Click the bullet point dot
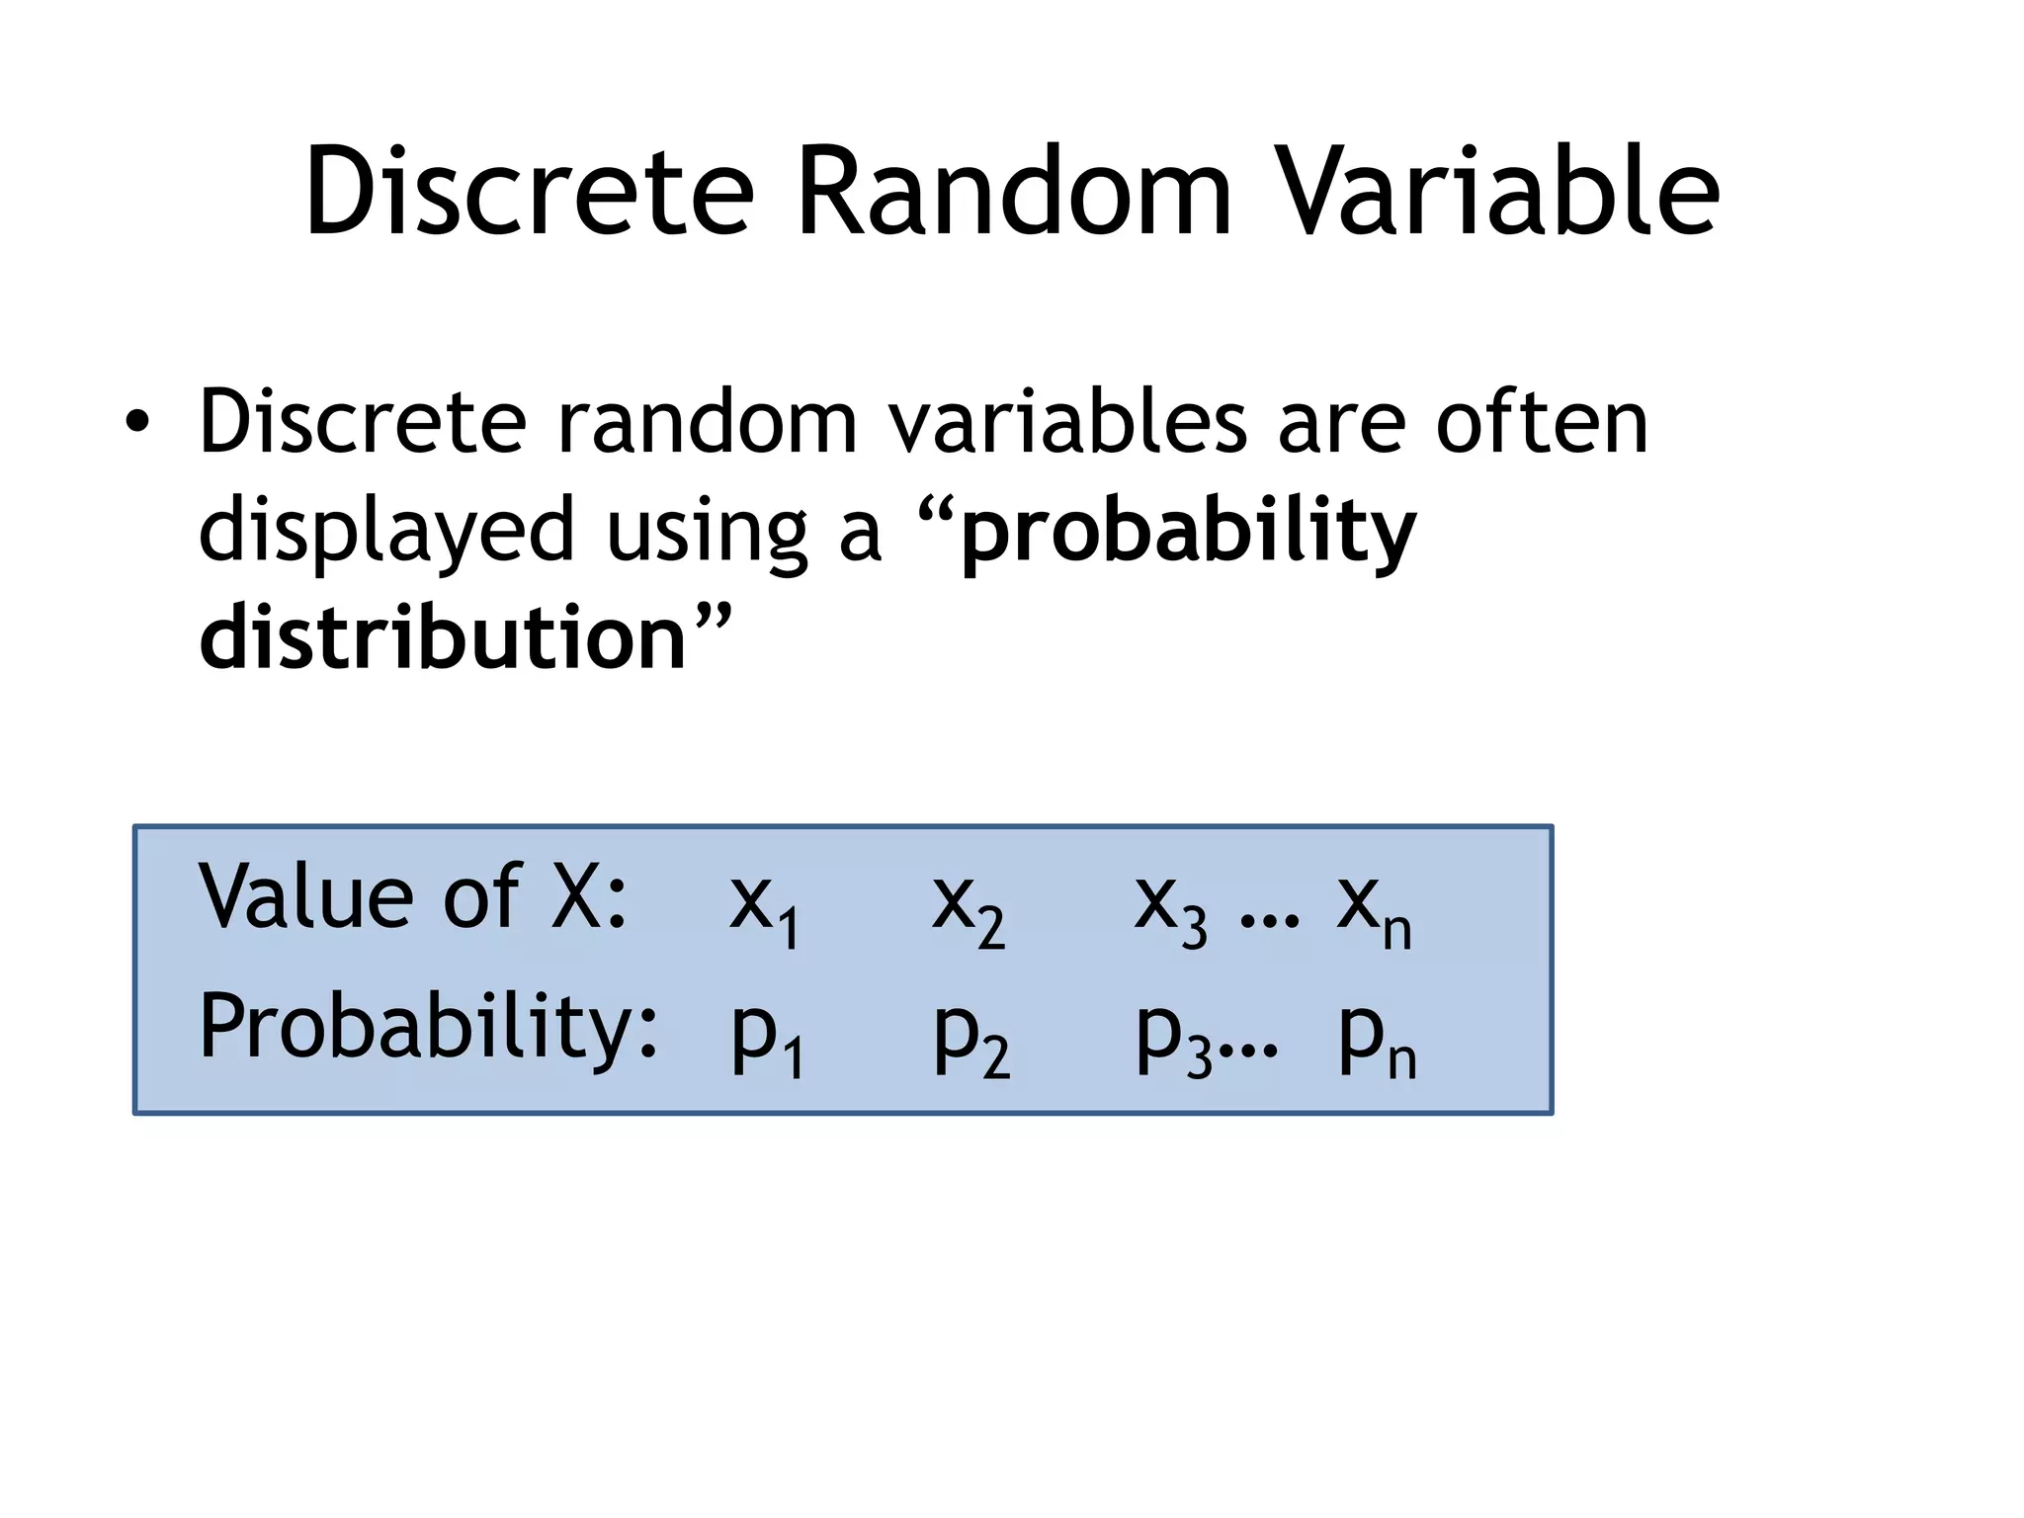pyautogui.click(x=137, y=424)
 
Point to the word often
pyautogui.click(x=1542, y=422)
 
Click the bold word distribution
pyautogui.click(x=443, y=637)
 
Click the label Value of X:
pyautogui.click(x=413, y=896)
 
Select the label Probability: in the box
pyautogui.click(x=428, y=1028)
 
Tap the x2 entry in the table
pyautogui.click(x=968, y=907)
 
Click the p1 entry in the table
pyautogui.click(x=767, y=1038)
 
